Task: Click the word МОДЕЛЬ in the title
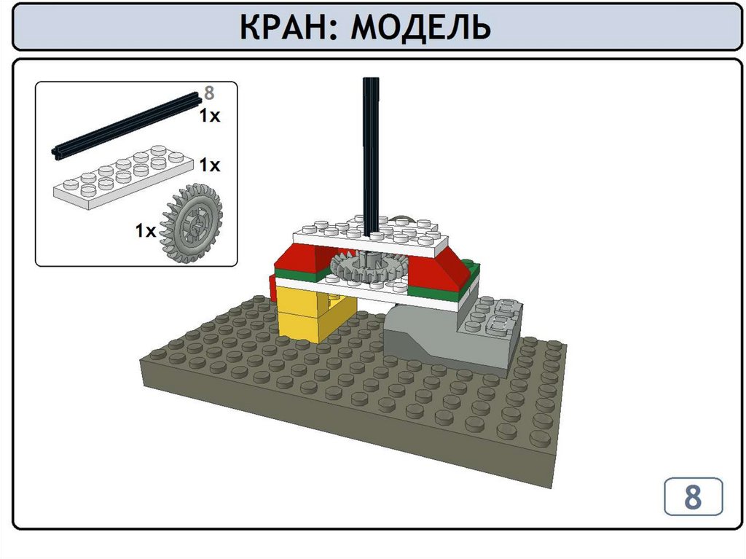pos(420,27)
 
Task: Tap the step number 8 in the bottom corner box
pos(693,496)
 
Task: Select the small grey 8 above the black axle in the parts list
pos(209,93)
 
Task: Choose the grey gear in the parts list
pos(192,223)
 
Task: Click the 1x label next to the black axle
pos(209,116)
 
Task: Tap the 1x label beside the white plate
pos(209,165)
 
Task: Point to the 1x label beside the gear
pos(146,231)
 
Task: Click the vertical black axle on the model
pos(371,157)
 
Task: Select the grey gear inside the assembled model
pos(369,267)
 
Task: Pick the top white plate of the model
pos(371,235)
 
